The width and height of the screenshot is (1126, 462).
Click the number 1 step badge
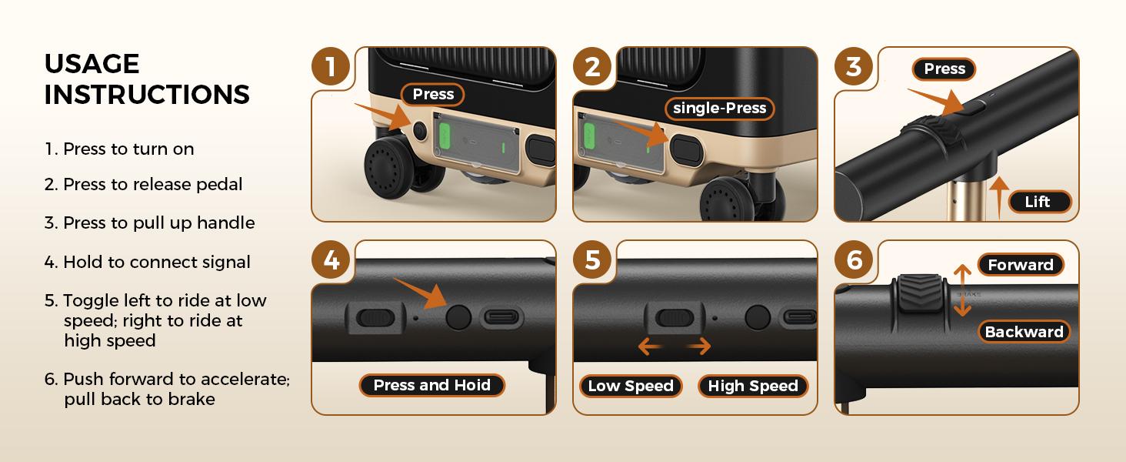pos(330,66)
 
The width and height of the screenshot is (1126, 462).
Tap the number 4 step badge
pos(330,259)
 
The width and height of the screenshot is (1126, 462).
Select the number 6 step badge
pos(854,259)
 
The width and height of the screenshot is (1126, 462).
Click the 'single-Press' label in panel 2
pos(719,109)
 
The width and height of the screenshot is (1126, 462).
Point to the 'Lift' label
pos(1038,202)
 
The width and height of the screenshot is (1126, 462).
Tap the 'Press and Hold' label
pos(431,385)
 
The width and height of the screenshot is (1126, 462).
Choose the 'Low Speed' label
pos(631,386)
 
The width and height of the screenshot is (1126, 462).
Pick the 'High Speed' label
pos(752,386)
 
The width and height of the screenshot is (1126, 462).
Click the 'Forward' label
pos(1021,265)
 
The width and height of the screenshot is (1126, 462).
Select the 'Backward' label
pos(1024,332)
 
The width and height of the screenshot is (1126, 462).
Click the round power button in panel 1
pos(420,132)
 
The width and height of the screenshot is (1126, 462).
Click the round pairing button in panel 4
pos(458,317)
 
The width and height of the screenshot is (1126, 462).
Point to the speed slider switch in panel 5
pos(675,318)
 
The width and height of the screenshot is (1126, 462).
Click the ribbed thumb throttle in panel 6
pos(920,293)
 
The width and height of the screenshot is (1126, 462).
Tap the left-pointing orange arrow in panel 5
pos(650,346)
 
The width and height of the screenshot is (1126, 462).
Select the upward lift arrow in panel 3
pos(999,197)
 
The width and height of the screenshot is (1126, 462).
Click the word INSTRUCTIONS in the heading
pos(147,94)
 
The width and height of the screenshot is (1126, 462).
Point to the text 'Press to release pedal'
pos(153,184)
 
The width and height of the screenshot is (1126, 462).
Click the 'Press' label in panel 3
pos(944,69)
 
